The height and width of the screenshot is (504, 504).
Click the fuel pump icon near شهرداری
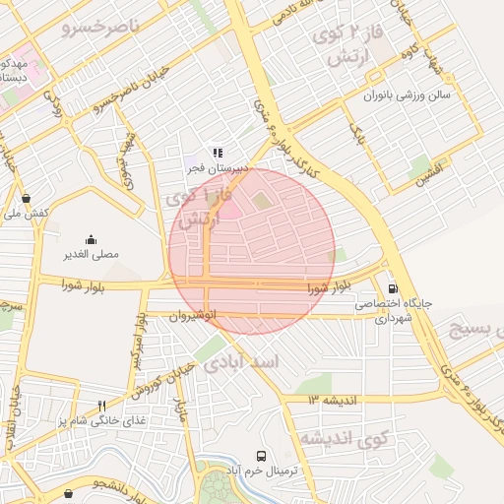[394, 288]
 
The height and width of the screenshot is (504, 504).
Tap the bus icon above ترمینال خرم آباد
[261, 457]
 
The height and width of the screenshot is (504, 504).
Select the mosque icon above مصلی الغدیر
[92, 239]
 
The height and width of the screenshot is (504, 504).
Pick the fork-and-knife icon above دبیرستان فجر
[218, 153]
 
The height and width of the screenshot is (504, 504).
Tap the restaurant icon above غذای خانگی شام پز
[101, 406]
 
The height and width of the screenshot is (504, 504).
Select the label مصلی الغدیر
[92, 254]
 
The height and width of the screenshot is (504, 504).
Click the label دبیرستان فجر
[218, 168]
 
